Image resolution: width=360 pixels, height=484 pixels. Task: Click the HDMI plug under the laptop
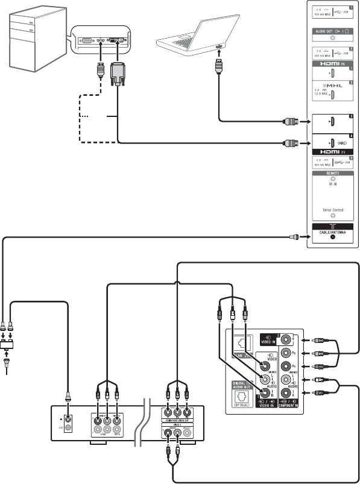pos(218,66)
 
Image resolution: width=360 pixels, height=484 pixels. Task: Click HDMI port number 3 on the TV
pos(333,121)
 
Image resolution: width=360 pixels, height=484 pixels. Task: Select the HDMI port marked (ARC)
pos(333,143)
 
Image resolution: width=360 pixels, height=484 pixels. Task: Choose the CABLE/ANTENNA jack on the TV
pos(333,236)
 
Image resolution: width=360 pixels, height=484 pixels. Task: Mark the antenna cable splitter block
pos(10,347)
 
